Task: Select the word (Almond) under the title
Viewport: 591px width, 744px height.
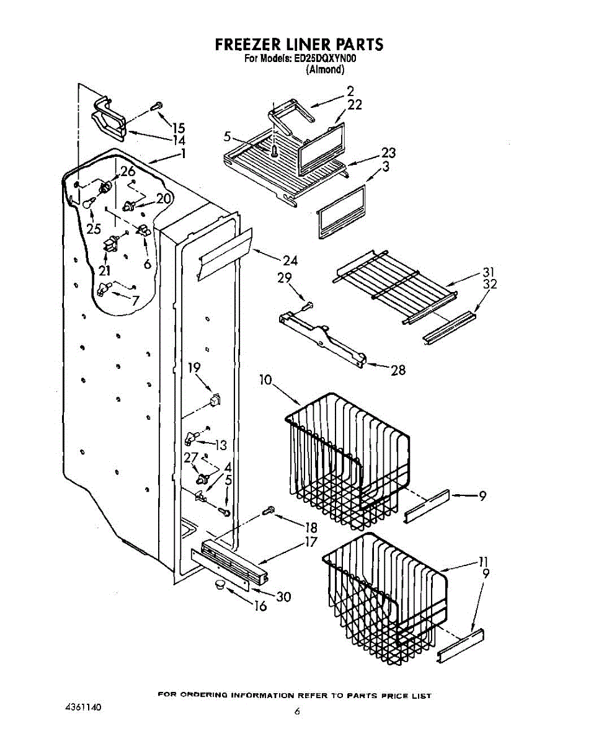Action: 325,69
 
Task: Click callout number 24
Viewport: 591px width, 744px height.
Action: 290,260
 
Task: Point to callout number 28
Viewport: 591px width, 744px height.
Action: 398,370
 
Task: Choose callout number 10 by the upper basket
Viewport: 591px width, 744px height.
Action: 265,379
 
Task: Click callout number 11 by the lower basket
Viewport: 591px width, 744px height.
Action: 484,562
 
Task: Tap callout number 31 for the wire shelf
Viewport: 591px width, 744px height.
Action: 489,272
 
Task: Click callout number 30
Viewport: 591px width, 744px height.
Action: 283,596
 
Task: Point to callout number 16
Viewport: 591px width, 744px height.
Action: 261,606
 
